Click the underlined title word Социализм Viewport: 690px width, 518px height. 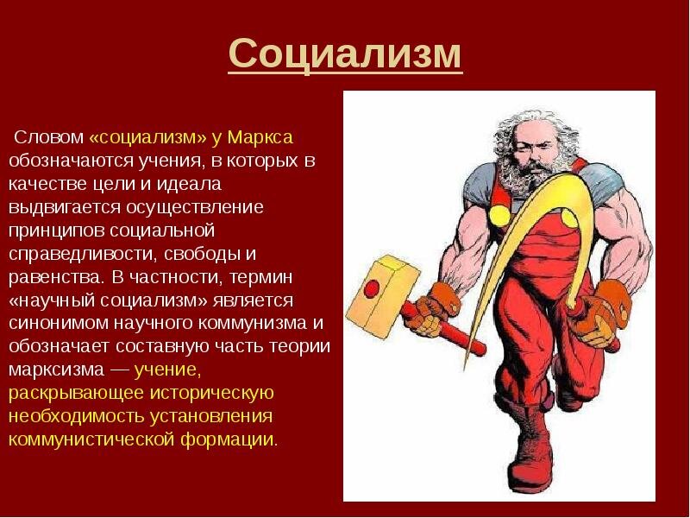tap(346, 54)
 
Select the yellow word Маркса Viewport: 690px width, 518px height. tap(260, 137)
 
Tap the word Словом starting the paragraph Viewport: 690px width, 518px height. tap(48, 137)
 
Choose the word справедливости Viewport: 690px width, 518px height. tap(81, 254)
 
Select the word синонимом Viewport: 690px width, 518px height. tap(59, 323)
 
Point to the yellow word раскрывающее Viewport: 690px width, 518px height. tap(76, 394)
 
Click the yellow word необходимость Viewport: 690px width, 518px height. tap(76, 417)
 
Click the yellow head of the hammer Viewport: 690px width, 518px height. tap(383, 293)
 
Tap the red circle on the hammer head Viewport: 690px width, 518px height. tap(372, 288)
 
